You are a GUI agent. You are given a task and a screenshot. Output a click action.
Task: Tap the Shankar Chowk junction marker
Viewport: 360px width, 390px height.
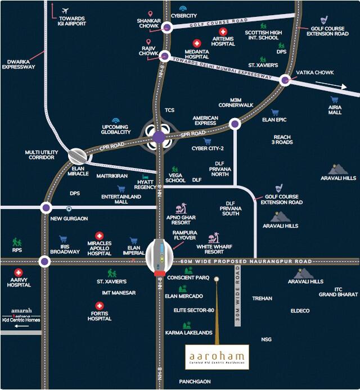click(166, 27)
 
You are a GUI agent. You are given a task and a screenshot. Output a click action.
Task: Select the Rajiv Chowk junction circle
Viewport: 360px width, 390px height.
click(164, 56)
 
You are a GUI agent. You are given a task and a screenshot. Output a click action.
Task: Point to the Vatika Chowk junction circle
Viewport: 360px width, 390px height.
click(285, 80)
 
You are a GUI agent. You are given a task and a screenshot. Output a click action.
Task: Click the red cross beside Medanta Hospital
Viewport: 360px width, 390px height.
click(197, 43)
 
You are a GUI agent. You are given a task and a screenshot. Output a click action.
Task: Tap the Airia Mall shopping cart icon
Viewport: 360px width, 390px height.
click(335, 97)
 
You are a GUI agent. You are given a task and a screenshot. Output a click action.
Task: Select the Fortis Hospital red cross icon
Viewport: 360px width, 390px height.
click(100, 306)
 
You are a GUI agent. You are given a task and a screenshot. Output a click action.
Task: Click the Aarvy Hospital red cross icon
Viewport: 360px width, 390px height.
click(19, 272)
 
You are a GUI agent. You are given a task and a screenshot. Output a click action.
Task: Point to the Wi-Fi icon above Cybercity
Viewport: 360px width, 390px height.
click(183, 8)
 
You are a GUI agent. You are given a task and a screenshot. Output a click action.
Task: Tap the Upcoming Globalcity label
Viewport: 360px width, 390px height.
click(116, 129)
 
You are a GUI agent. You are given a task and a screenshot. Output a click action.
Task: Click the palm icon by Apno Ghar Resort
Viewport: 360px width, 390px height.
click(181, 208)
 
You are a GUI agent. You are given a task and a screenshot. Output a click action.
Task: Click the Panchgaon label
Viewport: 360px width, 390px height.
click(195, 382)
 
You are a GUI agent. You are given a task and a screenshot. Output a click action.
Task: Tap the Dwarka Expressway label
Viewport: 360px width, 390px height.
click(18, 64)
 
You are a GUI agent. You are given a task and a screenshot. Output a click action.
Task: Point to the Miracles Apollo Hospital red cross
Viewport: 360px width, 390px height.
click(100, 237)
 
